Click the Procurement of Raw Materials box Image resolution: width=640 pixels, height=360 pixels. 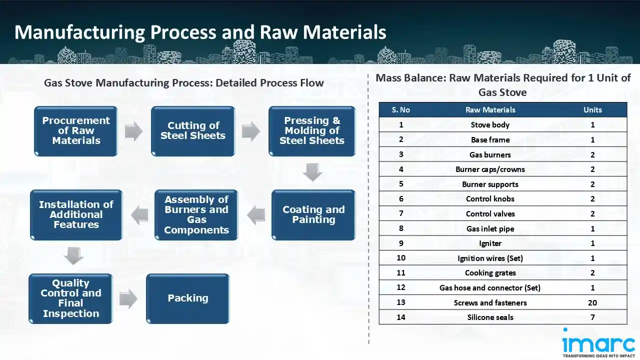point(76,131)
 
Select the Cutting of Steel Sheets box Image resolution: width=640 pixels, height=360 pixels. point(193,131)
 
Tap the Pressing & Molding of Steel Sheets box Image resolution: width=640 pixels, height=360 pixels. point(312,131)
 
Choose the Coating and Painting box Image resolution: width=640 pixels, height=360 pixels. point(313,214)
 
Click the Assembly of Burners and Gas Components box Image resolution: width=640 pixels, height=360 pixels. point(196,214)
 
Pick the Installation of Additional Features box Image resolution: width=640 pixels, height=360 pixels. point(76,214)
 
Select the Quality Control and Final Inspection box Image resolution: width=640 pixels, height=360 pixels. point(70,298)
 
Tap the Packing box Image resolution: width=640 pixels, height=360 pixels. point(187,298)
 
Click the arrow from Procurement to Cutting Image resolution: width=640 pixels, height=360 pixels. point(133,131)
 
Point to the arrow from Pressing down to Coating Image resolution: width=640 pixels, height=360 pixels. point(312,172)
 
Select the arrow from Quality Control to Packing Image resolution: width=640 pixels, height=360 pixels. point(128,299)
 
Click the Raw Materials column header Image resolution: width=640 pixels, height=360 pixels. point(490,110)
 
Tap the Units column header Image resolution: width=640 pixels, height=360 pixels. point(592,110)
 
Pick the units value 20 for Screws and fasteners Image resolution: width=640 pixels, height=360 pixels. point(592,302)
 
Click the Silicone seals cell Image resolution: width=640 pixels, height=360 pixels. point(490,317)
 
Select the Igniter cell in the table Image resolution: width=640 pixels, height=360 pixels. point(490,243)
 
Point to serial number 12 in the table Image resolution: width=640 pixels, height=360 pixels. point(401,287)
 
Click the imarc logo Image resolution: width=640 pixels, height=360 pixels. point(598,343)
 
